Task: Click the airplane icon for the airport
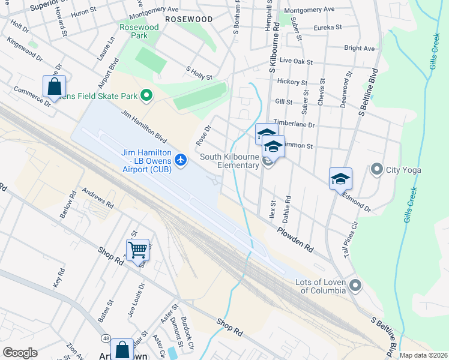pyautogui.click(x=182, y=160)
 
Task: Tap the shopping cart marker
pyautogui.click(x=137, y=249)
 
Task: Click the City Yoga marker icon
pyautogui.click(x=377, y=169)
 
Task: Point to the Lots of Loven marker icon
pyautogui.click(x=355, y=286)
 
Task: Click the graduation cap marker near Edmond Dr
pyautogui.click(x=340, y=178)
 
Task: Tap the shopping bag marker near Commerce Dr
pyautogui.click(x=54, y=86)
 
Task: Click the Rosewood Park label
pyautogui.click(x=139, y=31)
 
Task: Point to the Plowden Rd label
pyautogui.click(x=295, y=239)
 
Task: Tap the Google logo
pyautogui.click(x=20, y=353)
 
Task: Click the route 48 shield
pyautogui.click(x=106, y=339)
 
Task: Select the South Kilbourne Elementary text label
pyautogui.click(x=229, y=161)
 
